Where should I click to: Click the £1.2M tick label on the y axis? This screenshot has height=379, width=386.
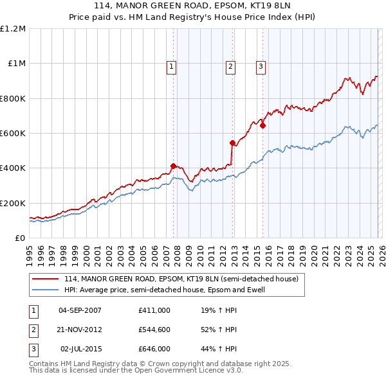(13, 29)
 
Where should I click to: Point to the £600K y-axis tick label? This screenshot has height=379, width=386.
(13, 134)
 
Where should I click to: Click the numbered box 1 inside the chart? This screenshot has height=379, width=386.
(172, 66)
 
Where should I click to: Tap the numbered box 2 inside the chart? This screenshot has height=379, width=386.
(230, 66)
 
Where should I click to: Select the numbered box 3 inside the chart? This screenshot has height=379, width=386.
(261, 66)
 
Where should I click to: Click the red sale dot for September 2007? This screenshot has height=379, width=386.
(173, 166)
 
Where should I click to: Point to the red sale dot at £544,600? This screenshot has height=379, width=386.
(232, 143)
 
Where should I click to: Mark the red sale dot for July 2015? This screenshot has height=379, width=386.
(262, 125)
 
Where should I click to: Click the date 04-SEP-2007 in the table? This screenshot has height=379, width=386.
(80, 310)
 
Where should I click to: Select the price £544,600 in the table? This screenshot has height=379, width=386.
(154, 330)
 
